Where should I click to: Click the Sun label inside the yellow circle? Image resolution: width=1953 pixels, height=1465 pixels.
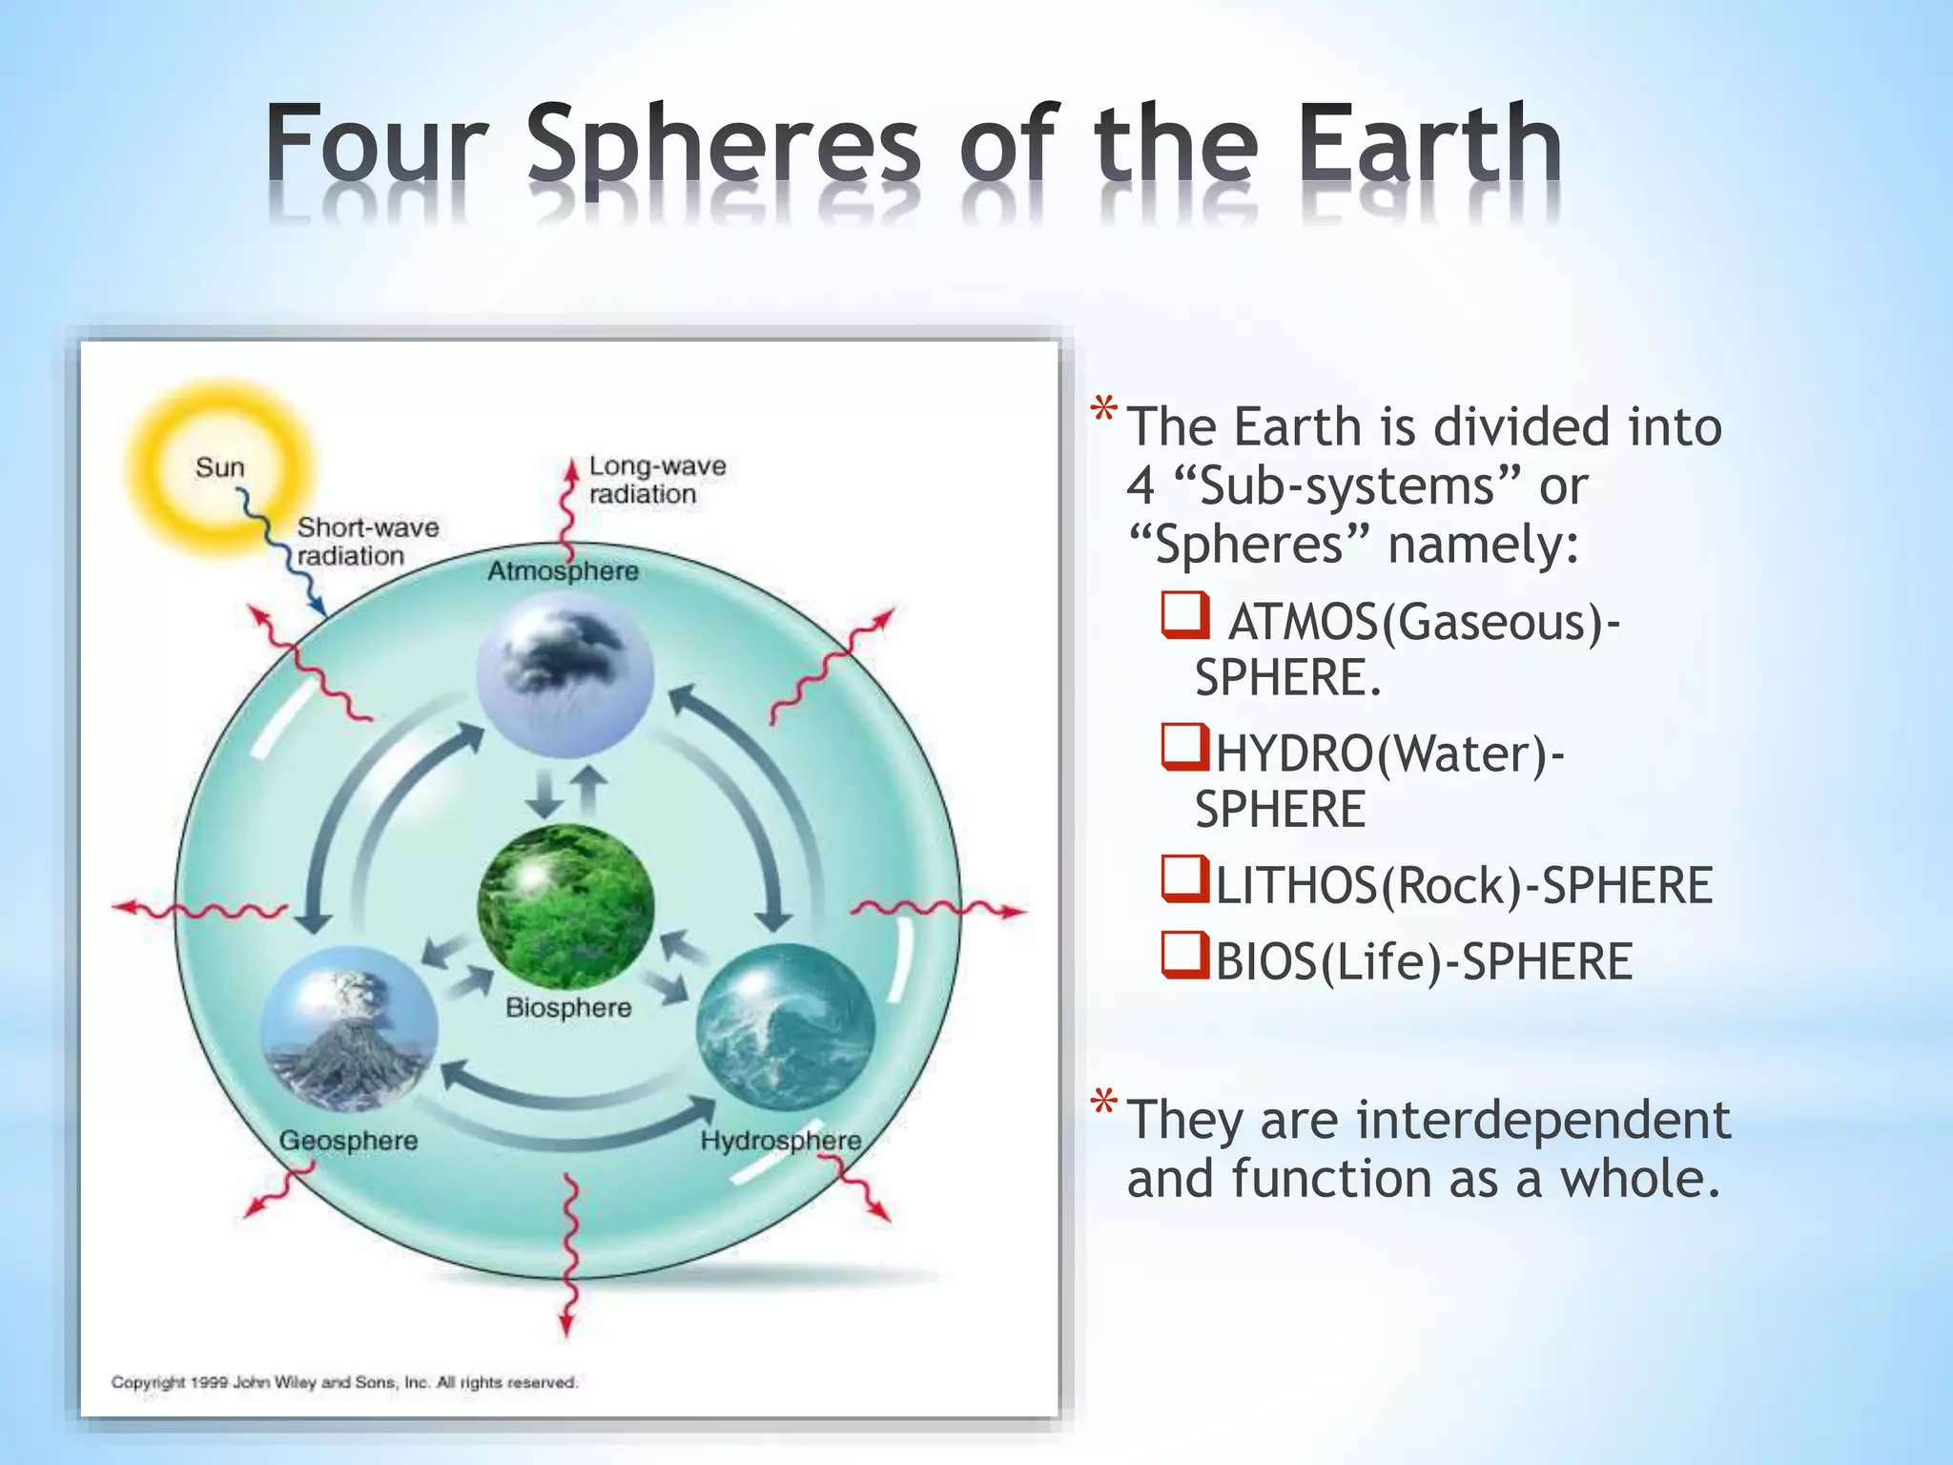pos(219,467)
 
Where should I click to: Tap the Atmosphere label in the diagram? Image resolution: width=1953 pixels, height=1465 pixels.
pos(563,571)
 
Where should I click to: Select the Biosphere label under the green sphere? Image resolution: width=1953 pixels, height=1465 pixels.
pos(568,1007)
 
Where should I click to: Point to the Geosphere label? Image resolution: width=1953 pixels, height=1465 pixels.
pos(348,1141)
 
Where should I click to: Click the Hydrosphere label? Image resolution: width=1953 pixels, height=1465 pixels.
pos(780,1141)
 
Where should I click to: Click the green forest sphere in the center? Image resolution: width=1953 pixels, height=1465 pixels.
pos(565,906)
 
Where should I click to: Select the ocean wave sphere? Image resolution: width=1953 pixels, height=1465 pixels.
pos(785,1026)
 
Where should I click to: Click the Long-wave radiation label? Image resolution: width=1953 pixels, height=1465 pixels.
pos(656,480)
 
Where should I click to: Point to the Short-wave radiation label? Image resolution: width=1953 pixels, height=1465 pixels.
pos(367,541)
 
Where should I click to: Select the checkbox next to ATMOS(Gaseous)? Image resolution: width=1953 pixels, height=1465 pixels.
pos(1185,615)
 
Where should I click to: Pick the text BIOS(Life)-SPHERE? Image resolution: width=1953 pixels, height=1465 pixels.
pos(1424,961)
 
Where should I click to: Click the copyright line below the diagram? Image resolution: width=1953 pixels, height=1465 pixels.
pos(344,1382)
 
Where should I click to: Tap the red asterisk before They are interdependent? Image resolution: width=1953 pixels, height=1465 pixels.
pos(1104,1104)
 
